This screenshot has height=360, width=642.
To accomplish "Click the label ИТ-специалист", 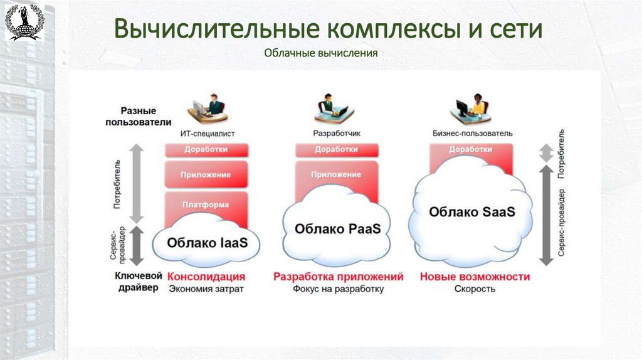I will [206, 133].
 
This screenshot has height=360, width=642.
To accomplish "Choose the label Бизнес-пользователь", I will [472, 133].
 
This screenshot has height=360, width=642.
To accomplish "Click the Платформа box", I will [206, 204].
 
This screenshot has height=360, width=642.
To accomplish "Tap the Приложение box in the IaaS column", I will [206, 175].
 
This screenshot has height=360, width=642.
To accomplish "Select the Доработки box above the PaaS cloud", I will [336, 150].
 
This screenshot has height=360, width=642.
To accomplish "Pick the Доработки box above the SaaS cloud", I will [470, 150].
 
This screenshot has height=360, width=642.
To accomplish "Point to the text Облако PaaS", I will [337, 228].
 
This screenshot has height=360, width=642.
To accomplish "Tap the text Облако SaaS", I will [471, 211].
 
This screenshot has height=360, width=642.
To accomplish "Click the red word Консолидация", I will [206, 277].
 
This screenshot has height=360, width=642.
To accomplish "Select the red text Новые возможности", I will [475, 277].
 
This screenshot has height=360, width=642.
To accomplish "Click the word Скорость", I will [475, 289].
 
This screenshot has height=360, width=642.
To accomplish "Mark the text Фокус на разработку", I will [337, 289].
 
